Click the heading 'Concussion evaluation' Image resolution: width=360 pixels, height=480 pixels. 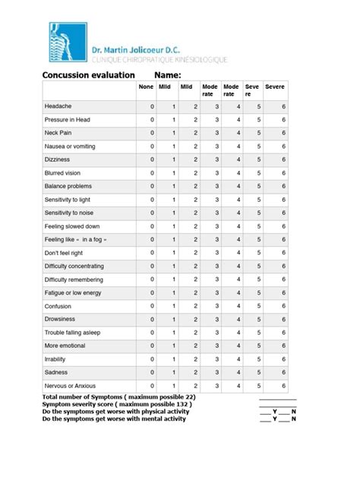pos(87,75)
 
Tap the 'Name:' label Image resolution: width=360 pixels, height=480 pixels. pos(167,75)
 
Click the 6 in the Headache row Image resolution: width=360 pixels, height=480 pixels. pos(284,106)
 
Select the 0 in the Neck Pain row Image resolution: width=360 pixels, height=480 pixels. pos(152,133)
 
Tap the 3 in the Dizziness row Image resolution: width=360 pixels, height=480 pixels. pos(216,159)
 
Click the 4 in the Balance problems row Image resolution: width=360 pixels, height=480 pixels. pos(238,186)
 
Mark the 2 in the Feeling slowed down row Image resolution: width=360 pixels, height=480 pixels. pos(195,226)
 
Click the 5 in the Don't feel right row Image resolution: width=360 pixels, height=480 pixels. pos(258,253)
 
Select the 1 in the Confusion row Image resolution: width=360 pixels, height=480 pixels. pos(174,306)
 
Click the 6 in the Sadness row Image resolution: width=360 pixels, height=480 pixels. pos(284,373)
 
